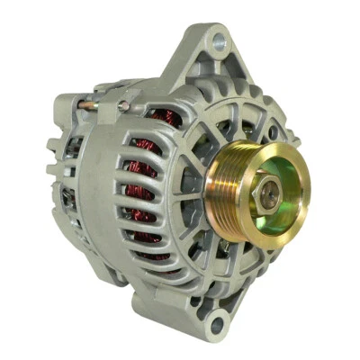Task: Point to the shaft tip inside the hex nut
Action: (265, 186)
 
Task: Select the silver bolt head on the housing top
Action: (122, 106)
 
